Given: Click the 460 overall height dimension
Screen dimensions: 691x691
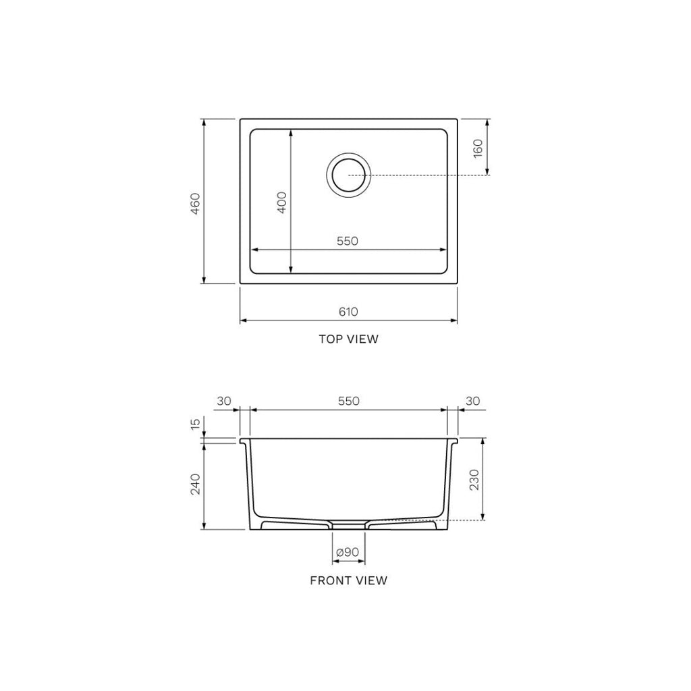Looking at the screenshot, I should coord(195,202).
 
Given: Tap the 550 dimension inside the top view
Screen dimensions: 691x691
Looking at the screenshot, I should coord(348,241).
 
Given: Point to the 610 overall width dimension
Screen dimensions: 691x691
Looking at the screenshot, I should coord(348,311).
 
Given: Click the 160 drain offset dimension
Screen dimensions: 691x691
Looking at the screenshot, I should coord(478,148).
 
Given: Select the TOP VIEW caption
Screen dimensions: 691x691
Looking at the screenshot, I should coord(348,339).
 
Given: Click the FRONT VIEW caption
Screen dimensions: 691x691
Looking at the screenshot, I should coord(348,580).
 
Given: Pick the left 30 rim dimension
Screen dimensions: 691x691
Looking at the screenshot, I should coord(223,401).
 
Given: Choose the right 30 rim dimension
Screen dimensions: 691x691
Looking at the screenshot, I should coord(473,401).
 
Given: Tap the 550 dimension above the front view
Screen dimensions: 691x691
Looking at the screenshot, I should coord(348,401).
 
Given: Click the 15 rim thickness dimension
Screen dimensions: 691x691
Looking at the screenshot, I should coord(195,424).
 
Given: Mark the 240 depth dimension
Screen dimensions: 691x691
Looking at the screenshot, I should coord(195,484).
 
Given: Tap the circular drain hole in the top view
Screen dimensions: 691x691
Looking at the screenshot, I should coord(348,175).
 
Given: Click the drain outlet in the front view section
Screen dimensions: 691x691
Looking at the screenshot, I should coord(348,524).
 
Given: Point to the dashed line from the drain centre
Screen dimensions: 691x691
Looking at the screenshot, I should coord(425,175).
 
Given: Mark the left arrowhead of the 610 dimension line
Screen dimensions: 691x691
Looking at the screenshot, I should coord(244,319).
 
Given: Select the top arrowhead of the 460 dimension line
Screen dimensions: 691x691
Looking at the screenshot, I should coord(204,122).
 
